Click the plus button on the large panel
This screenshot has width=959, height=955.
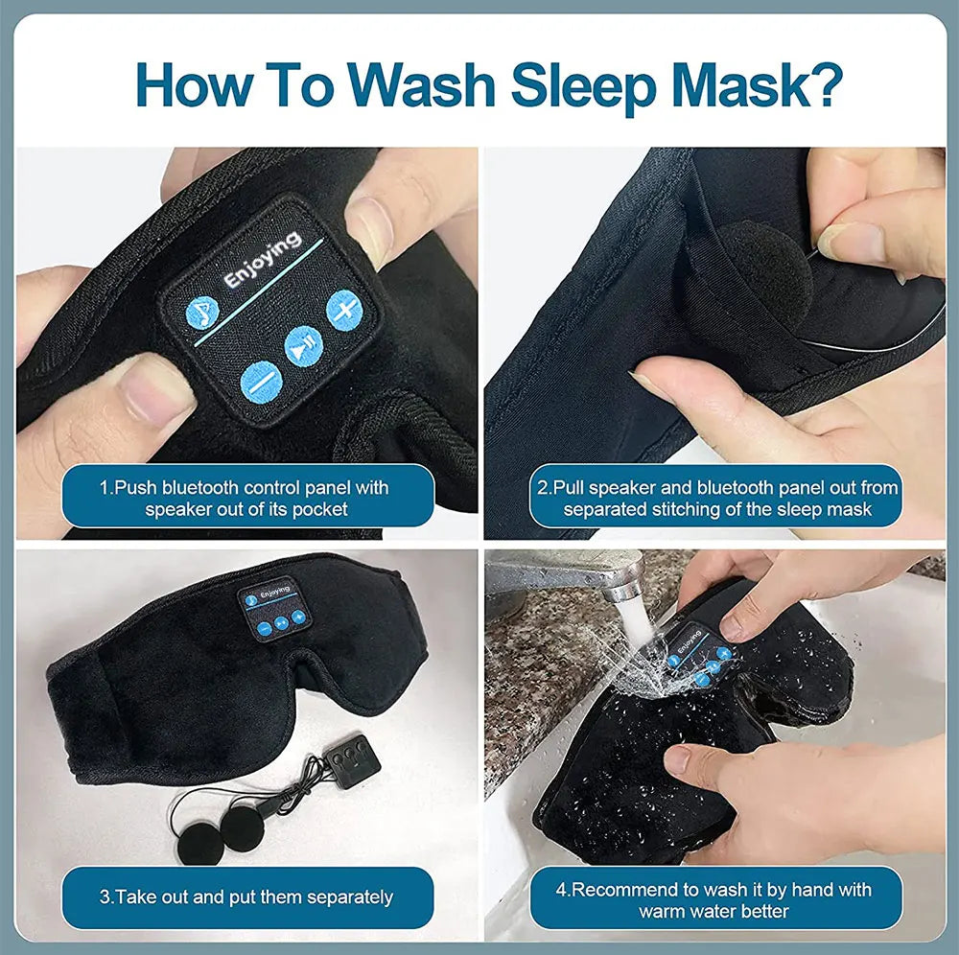[343, 309]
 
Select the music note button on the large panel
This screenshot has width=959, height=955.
[202, 312]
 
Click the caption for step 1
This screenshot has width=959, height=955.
[247, 498]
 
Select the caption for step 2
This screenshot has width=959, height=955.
[716, 498]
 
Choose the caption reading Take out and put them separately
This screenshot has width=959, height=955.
[247, 897]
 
